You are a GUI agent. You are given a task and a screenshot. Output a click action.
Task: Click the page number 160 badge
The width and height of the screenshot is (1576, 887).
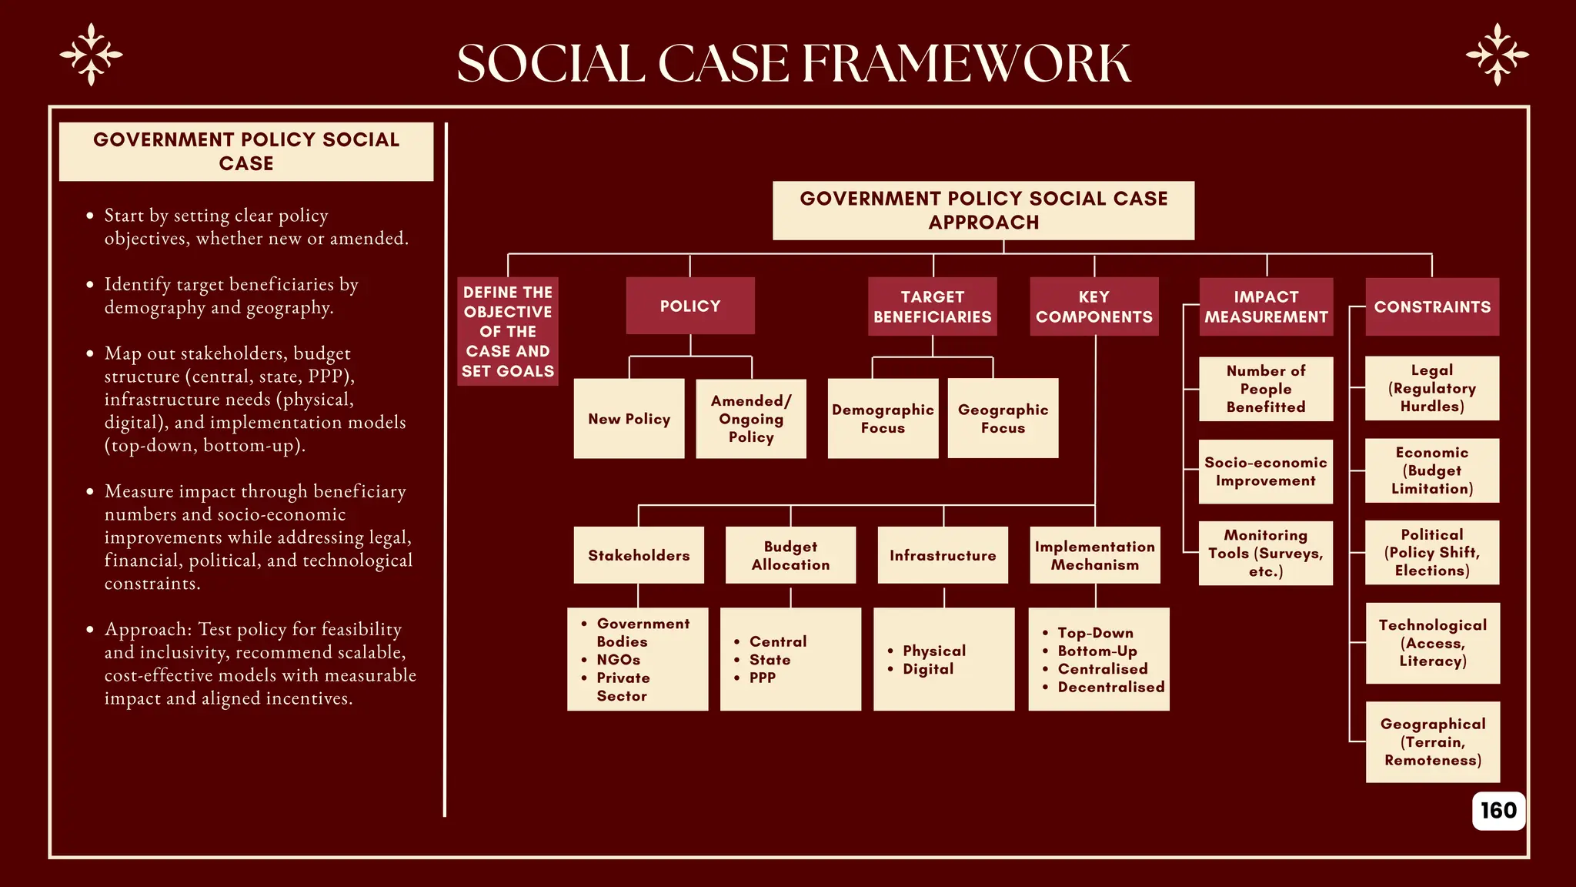coord(1498,811)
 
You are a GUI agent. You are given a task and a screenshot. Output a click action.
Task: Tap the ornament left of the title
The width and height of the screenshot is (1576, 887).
coord(92,55)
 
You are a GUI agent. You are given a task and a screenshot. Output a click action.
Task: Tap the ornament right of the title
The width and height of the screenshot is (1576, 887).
coord(1497,55)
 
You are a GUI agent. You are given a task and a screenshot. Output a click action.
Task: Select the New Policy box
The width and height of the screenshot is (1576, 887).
coord(629,419)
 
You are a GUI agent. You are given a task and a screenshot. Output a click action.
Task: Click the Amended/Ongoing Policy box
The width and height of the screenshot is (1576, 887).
coord(751,419)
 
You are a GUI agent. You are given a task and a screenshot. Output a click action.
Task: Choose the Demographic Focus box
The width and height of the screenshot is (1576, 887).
coord(883,419)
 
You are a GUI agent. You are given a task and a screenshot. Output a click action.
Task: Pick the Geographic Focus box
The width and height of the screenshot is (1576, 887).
coord(1003,419)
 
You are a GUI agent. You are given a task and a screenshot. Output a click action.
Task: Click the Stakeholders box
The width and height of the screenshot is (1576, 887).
coord(639,555)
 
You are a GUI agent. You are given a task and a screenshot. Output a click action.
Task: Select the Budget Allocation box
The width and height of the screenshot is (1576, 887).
coord(790,555)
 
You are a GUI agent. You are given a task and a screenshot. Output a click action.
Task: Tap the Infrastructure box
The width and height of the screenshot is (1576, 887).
coord(943,555)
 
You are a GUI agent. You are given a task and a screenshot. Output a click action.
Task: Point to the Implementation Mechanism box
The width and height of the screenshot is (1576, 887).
coord(1095,555)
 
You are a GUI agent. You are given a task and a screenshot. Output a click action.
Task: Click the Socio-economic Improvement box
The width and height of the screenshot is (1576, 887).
coord(1266,472)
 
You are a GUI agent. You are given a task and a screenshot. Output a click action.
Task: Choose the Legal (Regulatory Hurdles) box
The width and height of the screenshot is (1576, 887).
coord(1432,388)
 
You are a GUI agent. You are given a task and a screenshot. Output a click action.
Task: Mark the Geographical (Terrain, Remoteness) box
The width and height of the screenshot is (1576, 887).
coord(1432,742)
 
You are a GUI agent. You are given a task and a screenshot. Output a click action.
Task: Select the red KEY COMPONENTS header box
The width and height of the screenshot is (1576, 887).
coord(1094,306)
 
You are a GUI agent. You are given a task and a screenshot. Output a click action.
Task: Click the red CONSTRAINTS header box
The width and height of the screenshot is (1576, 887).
coord(1432,306)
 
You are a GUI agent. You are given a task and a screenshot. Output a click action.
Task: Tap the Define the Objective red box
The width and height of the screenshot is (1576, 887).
coord(508,331)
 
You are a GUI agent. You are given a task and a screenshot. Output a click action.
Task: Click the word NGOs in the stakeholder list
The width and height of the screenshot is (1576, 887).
coord(619,660)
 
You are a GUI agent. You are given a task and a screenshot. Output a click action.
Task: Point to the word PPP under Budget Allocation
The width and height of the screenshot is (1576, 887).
coord(763,678)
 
